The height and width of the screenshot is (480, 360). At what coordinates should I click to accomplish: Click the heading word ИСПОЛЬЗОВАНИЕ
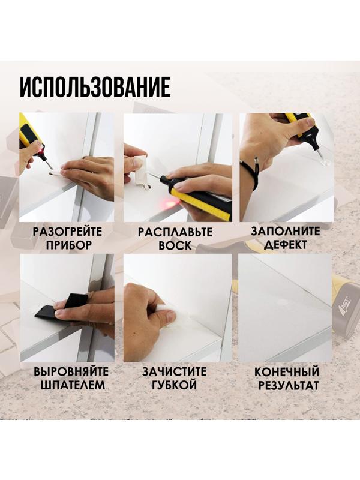[95, 87]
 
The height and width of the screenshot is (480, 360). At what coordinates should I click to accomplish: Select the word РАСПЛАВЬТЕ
[175, 232]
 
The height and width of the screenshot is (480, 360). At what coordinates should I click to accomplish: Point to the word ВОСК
[175, 245]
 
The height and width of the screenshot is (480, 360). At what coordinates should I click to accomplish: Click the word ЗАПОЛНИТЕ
[286, 232]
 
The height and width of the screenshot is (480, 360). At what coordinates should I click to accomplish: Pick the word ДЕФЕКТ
[286, 245]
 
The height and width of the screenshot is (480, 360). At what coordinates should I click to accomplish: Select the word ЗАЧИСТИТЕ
[175, 371]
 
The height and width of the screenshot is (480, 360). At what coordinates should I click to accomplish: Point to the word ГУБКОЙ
[175, 385]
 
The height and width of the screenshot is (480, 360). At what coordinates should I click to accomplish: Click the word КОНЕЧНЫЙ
[286, 371]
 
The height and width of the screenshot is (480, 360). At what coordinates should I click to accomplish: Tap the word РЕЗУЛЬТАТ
[286, 385]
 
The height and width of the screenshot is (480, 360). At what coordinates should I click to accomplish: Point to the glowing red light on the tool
[170, 204]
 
